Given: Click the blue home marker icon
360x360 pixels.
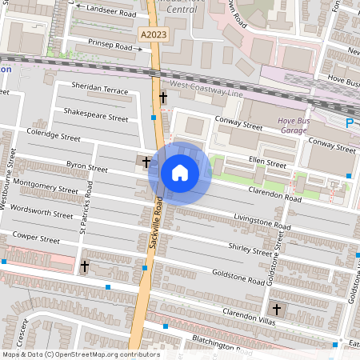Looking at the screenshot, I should coord(180,173).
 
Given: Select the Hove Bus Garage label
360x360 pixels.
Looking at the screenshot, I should coord(294,125).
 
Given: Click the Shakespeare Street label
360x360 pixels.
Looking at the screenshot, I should coord(96,117).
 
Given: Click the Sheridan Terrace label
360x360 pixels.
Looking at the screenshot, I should coord(99,90).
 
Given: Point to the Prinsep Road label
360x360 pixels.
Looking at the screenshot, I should coord(110,47).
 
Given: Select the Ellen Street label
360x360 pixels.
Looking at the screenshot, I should coord(266,163).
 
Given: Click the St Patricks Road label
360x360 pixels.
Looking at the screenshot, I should coord(90,217).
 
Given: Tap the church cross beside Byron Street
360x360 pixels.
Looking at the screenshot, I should coord(146,162).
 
